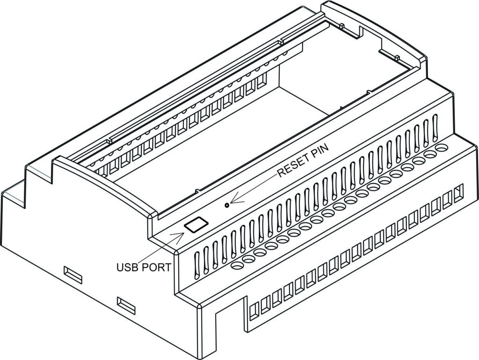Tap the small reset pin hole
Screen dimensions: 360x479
pos(228,205)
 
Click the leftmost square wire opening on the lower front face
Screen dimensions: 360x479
pos(254,311)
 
